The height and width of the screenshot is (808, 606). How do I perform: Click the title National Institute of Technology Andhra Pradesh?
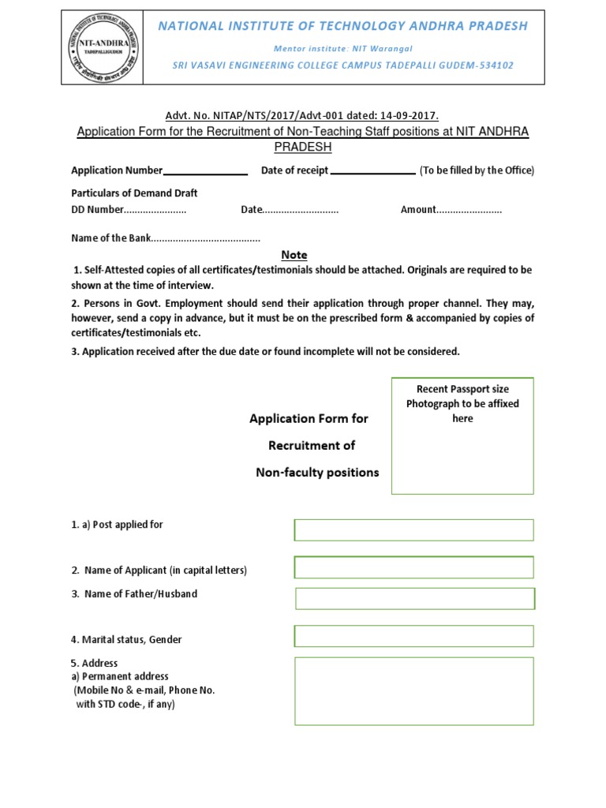click(x=342, y=26)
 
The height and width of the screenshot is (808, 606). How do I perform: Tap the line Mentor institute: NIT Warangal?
click(x=342, y=48)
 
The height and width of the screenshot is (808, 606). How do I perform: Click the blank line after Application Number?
click(x=205, y=171)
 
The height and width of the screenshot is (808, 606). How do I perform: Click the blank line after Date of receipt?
click(x=372, y=171)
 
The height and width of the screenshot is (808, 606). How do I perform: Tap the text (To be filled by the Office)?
click(x=477, y=170)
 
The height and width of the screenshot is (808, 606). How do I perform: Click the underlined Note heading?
click(x=294, y=255)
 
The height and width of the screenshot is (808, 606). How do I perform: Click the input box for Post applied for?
click(x=413, y=529)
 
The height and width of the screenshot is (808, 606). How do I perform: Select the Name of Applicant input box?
click(x=413, y=567)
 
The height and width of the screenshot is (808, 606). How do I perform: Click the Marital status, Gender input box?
click(x=413, y=636)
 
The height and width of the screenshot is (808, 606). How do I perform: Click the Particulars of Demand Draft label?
click(x=134, y=193)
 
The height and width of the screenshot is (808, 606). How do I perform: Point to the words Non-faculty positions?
click(x=317, y=473)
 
